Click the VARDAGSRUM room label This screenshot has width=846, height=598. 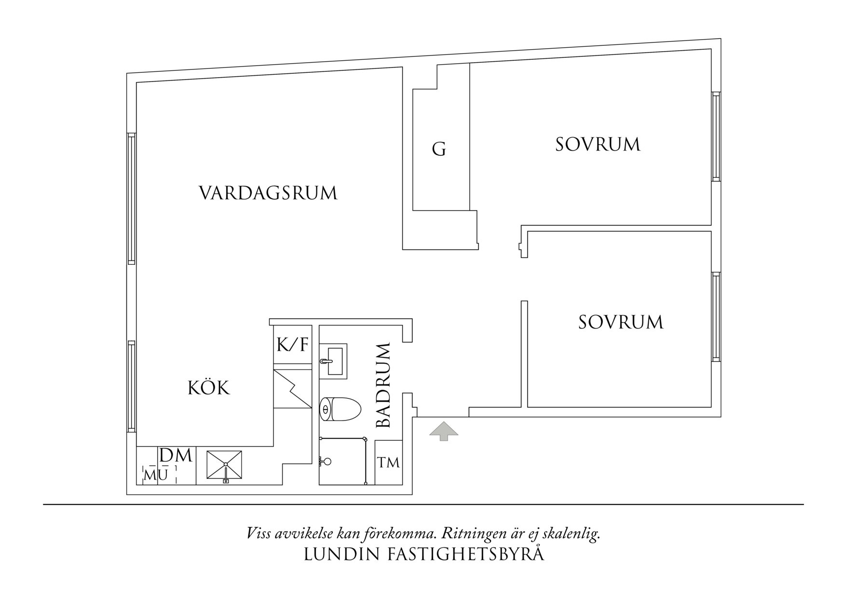coord(268,193)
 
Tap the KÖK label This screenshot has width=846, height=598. coord(208,388)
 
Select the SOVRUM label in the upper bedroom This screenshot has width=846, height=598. coord(598,145)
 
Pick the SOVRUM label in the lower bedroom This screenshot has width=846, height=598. coord(621,322)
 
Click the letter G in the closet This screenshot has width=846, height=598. coord(439,149)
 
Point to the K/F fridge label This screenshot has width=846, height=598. coord(292,345)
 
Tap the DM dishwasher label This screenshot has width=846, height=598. coord(176,455)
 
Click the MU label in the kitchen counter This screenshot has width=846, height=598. coord(156,475)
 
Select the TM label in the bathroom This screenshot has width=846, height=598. coord(388,463)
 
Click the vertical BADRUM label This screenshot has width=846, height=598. coord(383,385)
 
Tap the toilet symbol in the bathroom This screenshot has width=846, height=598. coord(340,409)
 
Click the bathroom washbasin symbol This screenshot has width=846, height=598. coord(333,360)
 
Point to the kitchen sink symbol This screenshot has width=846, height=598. coord(224,465)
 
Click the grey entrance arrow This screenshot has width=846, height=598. coord(444,431)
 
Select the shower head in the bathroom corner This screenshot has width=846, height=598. coord(326,462)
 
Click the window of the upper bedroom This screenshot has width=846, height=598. coord(716,136)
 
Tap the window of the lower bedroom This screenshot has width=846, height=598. coord(716,317)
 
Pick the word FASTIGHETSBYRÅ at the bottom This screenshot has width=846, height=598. coord(466,555)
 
